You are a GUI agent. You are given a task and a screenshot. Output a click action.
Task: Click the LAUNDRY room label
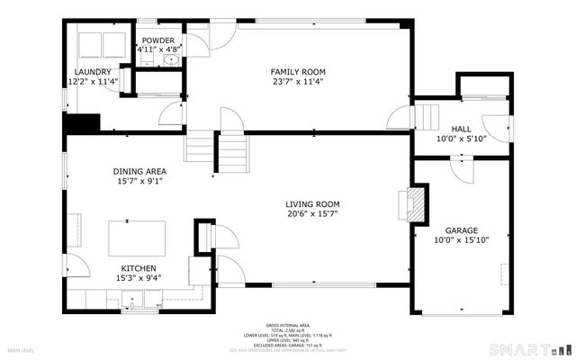point(94,72)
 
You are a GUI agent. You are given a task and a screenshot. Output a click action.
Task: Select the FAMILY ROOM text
point(298,72)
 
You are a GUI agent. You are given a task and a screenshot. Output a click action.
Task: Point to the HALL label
point(460,129)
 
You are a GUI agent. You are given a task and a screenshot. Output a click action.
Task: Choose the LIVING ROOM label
point(312,204)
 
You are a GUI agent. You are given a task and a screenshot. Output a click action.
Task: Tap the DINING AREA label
point(139,171)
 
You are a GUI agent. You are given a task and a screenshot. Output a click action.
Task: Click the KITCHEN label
point(139,268)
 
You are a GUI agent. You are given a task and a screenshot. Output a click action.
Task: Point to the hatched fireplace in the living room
point(413,204)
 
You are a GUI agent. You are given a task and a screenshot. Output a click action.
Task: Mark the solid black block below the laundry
point(80,123)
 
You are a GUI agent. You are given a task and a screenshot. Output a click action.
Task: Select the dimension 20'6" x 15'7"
point(312,215)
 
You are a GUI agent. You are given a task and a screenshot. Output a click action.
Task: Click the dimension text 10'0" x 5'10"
point(460,139)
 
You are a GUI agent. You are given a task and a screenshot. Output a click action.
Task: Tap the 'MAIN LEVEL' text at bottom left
point(22,350)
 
